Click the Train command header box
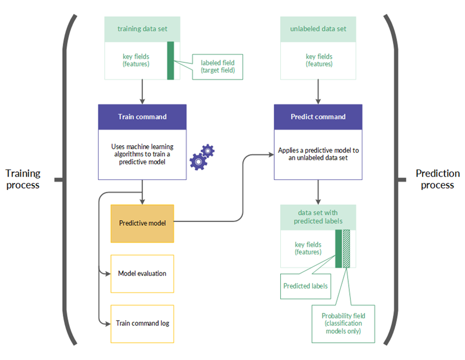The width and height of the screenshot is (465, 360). click(142, 117)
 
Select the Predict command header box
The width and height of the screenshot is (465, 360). click(318, 117)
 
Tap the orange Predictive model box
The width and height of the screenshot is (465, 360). click(142, 223)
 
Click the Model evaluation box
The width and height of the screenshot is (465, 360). click(142, 273)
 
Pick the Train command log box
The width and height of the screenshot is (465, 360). click(142, 323)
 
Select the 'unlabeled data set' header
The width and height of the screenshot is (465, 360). click(318, 28)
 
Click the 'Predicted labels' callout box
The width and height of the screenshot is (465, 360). click(305, 286)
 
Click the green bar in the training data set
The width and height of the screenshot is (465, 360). click(170, 60)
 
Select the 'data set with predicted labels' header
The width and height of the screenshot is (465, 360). click(318, 217)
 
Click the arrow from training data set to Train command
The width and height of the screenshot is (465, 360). click(142, 91)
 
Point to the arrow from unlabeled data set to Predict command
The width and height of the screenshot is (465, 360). click(318, 91)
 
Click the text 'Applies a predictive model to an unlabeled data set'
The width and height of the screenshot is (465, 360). click(318, 154)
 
